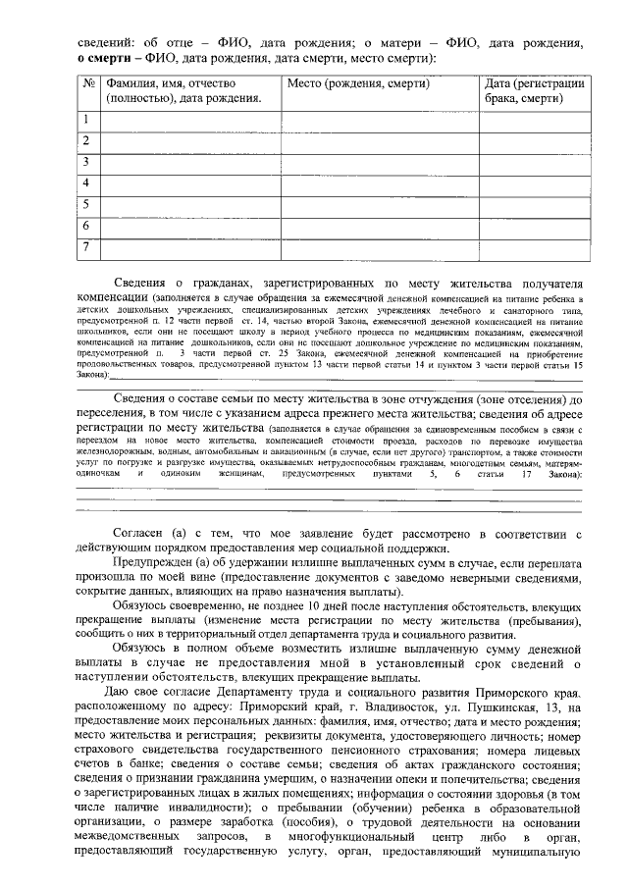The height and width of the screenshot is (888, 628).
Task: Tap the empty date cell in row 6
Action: pyautogui.click(x=535, y=226)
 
